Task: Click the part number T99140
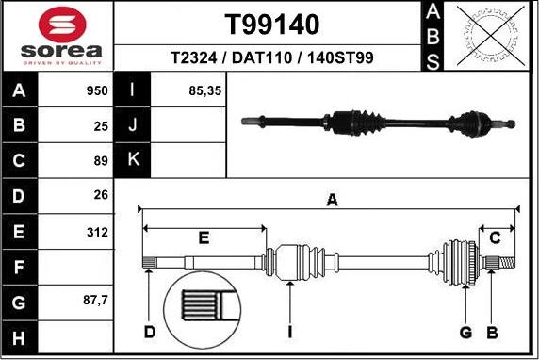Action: point(272,24)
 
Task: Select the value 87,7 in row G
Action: point(95,301)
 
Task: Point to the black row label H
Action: point(20,336)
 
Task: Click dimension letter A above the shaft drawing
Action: point(332,200)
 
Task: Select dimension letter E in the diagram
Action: point(204,237)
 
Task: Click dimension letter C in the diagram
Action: point(495,237)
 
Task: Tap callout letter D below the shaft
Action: point(149,333)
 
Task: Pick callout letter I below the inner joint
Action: point(291,333)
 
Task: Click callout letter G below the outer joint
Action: point(465,333)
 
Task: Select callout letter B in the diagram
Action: point(491,333)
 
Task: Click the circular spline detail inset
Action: point(204,312)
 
